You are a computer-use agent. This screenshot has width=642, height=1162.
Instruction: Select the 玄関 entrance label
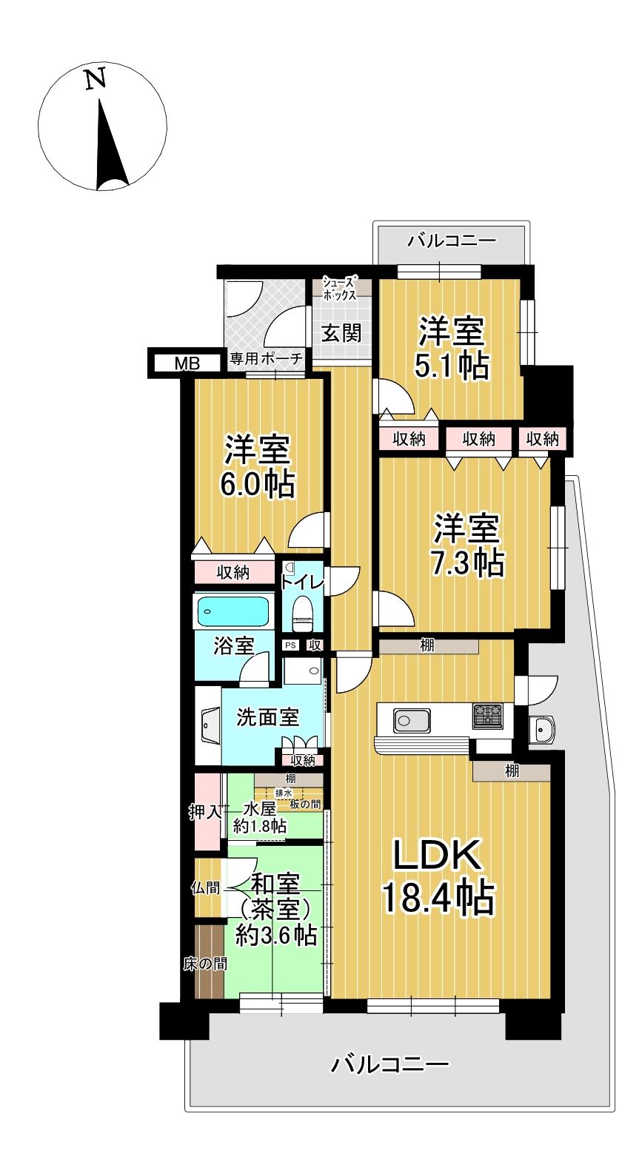(x=341, y=332)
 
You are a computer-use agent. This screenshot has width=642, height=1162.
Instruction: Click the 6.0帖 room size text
(x=257, y=484)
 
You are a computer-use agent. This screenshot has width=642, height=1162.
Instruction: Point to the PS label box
(x=290, y=645)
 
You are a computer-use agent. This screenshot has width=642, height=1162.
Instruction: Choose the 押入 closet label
(x=205, y=812)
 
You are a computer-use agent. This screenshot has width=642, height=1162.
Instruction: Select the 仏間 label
(x=205, y=887)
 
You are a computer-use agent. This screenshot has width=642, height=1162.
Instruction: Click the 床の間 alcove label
(x=205, y=964)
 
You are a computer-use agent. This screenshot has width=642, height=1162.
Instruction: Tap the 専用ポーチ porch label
(x=266, y=360)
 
